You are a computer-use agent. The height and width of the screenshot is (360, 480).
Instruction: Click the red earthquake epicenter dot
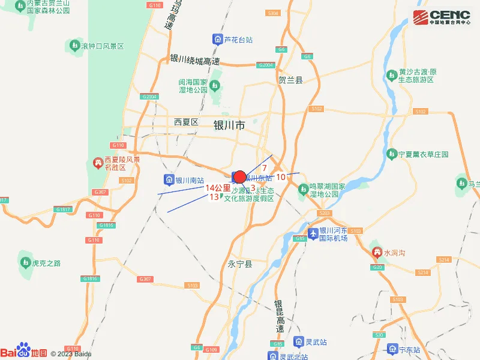coord(239,177)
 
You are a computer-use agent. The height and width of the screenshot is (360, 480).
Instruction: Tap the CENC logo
coord(441,17)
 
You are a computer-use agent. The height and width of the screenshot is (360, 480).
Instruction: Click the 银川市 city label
coord(229,125)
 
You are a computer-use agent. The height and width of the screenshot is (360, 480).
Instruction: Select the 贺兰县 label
coord(291,79)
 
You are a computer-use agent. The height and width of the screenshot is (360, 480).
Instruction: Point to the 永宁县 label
coord(241,264)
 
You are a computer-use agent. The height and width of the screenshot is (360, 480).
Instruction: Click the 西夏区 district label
coord(186,122)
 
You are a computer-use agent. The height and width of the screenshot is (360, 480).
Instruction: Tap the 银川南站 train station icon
coord(169,179)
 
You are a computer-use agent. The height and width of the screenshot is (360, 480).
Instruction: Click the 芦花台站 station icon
coord(217,40)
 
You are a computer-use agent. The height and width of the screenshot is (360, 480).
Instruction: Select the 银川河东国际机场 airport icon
coord(312,233)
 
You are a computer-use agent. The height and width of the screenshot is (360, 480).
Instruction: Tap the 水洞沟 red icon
coord(377,253)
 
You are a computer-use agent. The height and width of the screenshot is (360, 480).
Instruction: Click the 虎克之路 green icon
coord(25,263)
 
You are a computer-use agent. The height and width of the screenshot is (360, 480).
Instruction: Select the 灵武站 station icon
coord(298,342)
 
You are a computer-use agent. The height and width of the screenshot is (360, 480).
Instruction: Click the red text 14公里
coord(218,188)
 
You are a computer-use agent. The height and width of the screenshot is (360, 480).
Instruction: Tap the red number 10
coord(281,177)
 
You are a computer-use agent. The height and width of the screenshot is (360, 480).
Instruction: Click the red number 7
coord(264,167)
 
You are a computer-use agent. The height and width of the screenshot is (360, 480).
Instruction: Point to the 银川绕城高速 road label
coord(195,60)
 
